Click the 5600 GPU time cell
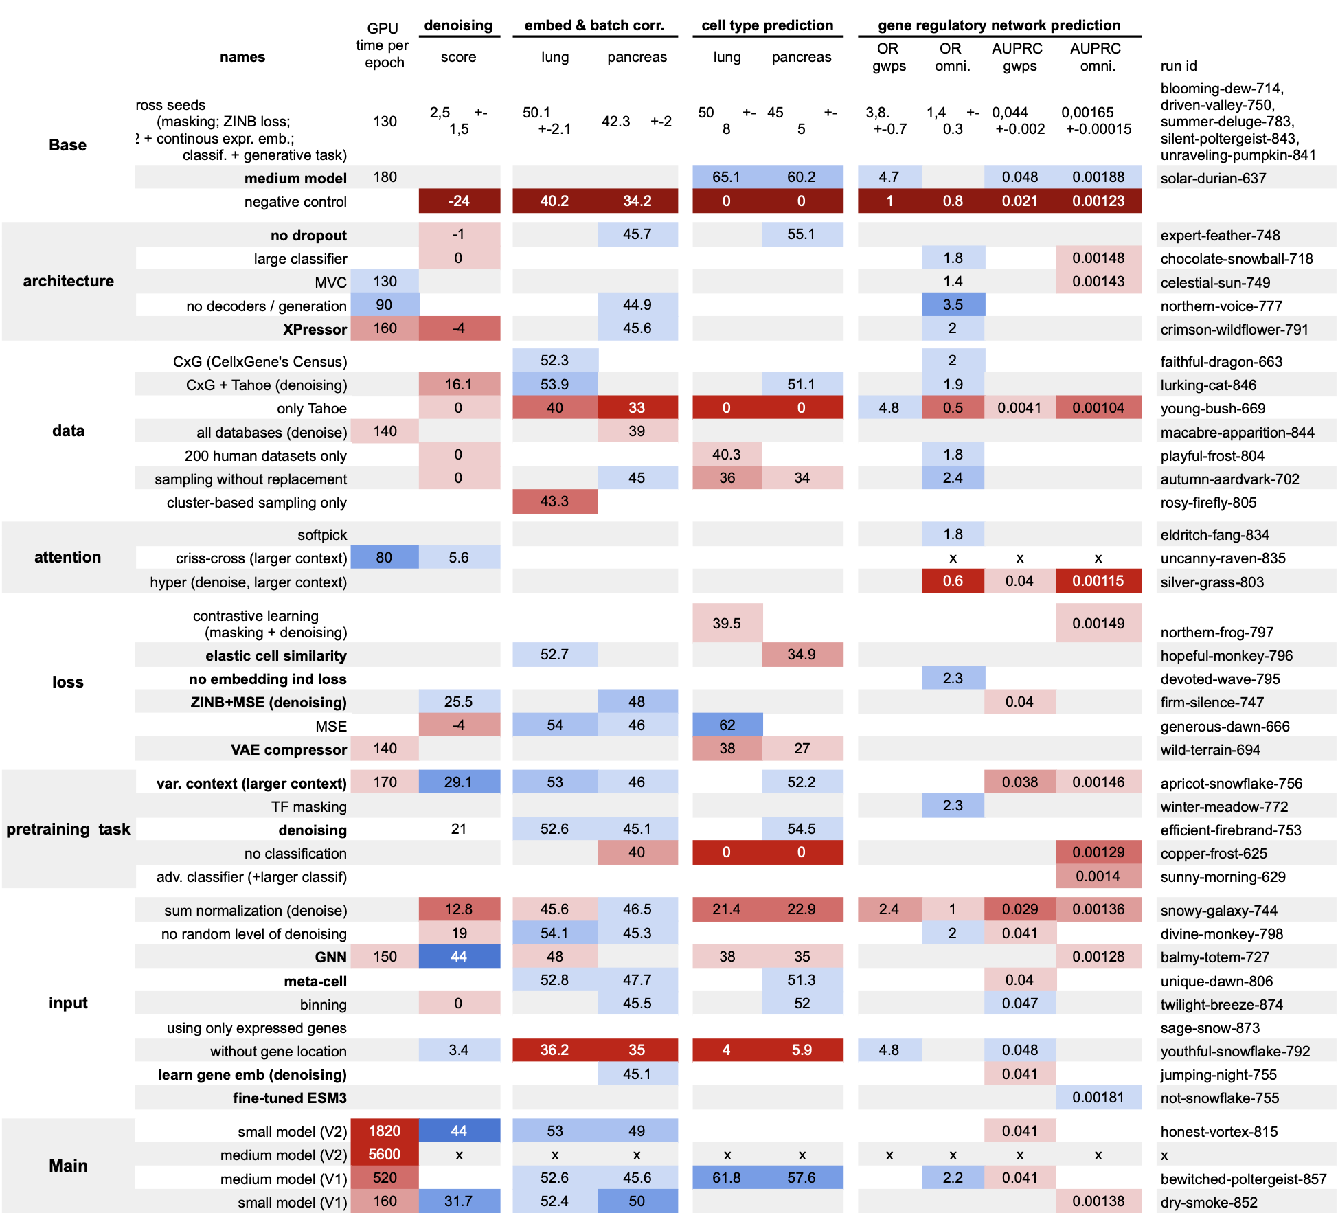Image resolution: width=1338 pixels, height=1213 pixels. coord(384,1154)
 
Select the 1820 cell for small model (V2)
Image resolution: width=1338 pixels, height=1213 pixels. coord(384,1131)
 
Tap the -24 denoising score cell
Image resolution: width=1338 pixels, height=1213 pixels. coord(459,201)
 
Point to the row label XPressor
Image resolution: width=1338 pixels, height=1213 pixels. coord(315,329)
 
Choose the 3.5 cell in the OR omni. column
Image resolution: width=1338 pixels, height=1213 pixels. coord(953,304)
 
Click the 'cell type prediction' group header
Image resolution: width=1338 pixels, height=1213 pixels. coord(767,25)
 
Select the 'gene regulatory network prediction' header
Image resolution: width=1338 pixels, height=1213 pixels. coord(999,25)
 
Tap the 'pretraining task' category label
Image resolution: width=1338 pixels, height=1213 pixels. coord(68,829)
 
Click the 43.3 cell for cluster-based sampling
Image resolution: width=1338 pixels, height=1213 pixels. coord(554,501)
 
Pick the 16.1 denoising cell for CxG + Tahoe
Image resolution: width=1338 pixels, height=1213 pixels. coord(459,384)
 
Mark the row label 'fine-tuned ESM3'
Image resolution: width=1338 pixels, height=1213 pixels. coord(289,1098)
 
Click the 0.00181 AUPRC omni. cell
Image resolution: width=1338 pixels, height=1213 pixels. coord(1098,1097)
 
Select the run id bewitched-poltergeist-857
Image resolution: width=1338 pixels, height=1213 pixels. coord(1243,1179)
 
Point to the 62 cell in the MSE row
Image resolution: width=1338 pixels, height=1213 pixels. coord(727,725)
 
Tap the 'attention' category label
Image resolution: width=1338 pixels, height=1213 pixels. coord(67,557)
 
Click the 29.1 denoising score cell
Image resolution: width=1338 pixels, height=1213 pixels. coord(459,782)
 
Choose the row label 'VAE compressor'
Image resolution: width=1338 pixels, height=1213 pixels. coord(288,749)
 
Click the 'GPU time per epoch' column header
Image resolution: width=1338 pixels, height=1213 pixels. coord(383,45)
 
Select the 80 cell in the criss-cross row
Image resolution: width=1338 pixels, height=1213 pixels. coord(384,557)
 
